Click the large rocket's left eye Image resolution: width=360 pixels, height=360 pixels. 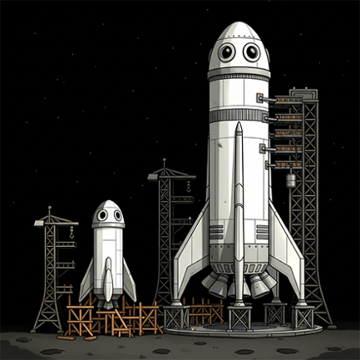pyautogui.click(x=226, y=53)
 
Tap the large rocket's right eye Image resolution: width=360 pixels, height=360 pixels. pyautogui.click(x=251, y=53)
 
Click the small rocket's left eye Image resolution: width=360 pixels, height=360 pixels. pyautogui.click(x=101, y=215)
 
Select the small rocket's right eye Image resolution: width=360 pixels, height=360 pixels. pyautogui.click(x=116, y=215)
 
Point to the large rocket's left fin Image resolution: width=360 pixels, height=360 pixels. pyautogui.click(x=191, y=251)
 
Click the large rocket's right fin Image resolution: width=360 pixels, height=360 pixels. pyautogui.click(x=287, y=251)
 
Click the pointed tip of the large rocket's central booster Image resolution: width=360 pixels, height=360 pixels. pyautogui.click(x=239, y=125)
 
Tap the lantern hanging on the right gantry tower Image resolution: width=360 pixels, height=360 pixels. pyautogui.click(x=291, y=180)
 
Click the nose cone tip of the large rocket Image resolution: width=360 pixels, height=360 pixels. pyautogui.click(x=239, y=23)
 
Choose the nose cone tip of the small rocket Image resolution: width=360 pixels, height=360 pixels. pyautogui.click(x=108, y=202)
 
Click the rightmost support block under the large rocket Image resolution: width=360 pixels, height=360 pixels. pyautogui.click(x=304, y=318)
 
